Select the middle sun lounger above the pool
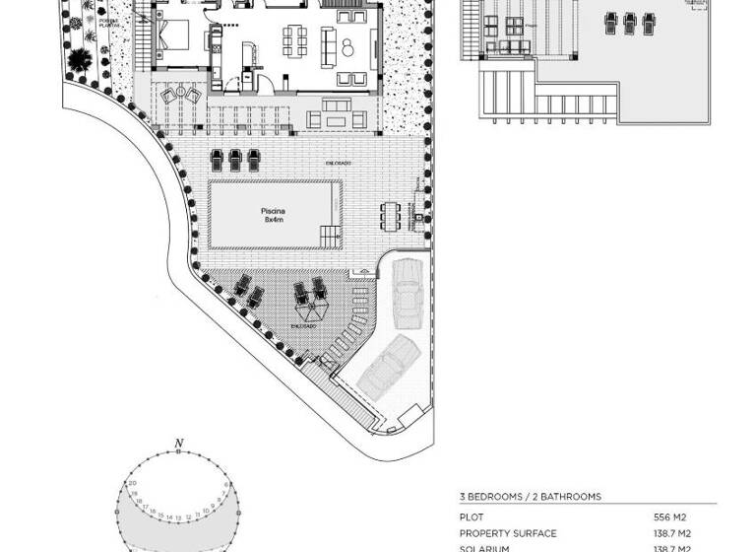pos(235,158)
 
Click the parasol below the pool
pos(308,310)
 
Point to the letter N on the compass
pos(177,443)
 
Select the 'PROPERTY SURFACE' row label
pos(507,533)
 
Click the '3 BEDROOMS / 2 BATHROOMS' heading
pos(530,497)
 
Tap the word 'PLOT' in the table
pos(472,517)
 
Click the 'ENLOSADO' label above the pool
pos(340,163)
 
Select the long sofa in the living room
pos(350,44)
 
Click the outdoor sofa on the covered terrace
pos(337,119)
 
